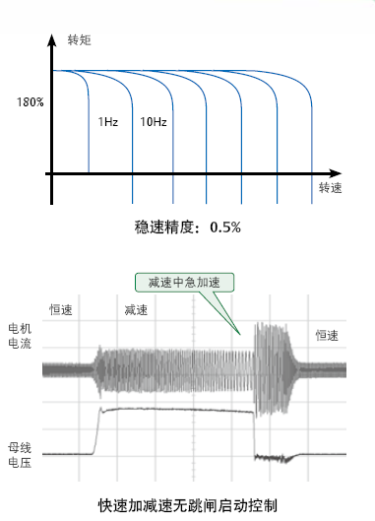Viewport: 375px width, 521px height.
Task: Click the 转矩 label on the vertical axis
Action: (x=79, y=40)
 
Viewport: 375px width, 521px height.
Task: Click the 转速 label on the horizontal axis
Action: (x=330, y=188)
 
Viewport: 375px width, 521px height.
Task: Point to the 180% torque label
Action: (x=31, y=102)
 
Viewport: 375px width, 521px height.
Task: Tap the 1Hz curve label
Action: (x=108, y=122)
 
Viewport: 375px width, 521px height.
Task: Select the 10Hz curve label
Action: (x=154, y=122)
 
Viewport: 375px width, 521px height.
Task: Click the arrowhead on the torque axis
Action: (x=51, y=39)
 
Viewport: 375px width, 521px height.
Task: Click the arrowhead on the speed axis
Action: (x=335, y=173)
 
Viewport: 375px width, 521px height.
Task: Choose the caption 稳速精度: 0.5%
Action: (x=188, y=228)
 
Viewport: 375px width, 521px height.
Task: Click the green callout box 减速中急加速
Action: (x=184, y=283)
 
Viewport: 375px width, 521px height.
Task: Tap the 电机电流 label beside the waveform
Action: (x=20, y=336)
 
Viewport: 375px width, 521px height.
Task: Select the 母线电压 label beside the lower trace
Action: (x=20, y=455)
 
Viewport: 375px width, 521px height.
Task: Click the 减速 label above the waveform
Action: (x=136, y=310)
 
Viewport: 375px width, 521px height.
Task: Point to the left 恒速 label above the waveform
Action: (x=61, y=309)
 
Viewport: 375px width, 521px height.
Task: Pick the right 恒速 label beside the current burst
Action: (x=327, y=336)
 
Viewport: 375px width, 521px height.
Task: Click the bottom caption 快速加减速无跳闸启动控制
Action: (x=188, y=505)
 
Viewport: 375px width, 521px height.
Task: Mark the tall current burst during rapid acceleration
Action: (x=272, y=368)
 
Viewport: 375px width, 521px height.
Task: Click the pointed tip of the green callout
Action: (x=240, y=334)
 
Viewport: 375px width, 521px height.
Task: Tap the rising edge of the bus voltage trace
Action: (x=96, y=430)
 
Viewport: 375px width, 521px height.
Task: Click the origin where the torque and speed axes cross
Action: (x=51, y=173)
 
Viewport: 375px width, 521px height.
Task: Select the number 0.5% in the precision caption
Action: (x=225, y=228)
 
